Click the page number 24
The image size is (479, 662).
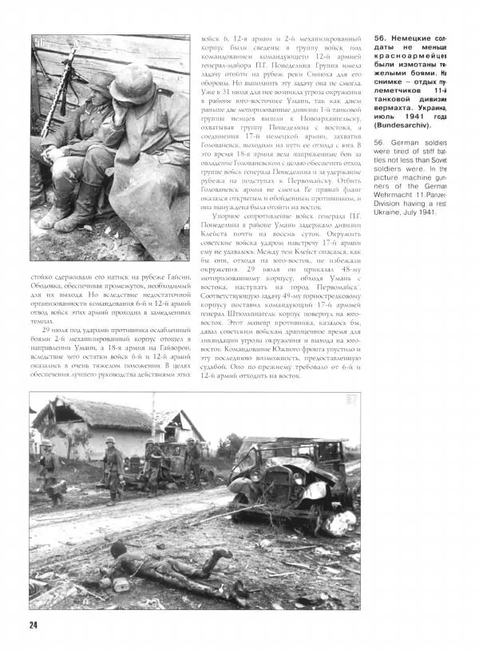click(33, 624)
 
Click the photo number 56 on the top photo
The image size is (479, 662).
click(39, 43)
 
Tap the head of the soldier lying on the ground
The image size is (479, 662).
click(119, 549)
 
